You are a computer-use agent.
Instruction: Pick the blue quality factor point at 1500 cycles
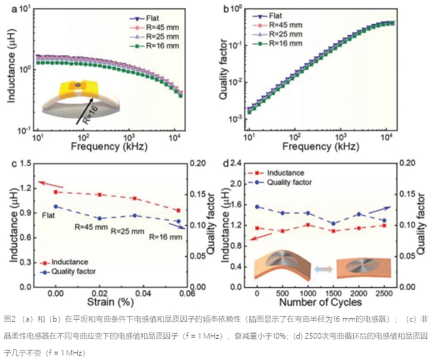(333, 223)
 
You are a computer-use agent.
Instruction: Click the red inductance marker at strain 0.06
(179, 211)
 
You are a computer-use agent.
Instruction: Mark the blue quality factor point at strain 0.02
(100, 218)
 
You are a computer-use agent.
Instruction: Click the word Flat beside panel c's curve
(50, 216)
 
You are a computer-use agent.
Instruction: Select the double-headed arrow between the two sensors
(322, 268)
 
